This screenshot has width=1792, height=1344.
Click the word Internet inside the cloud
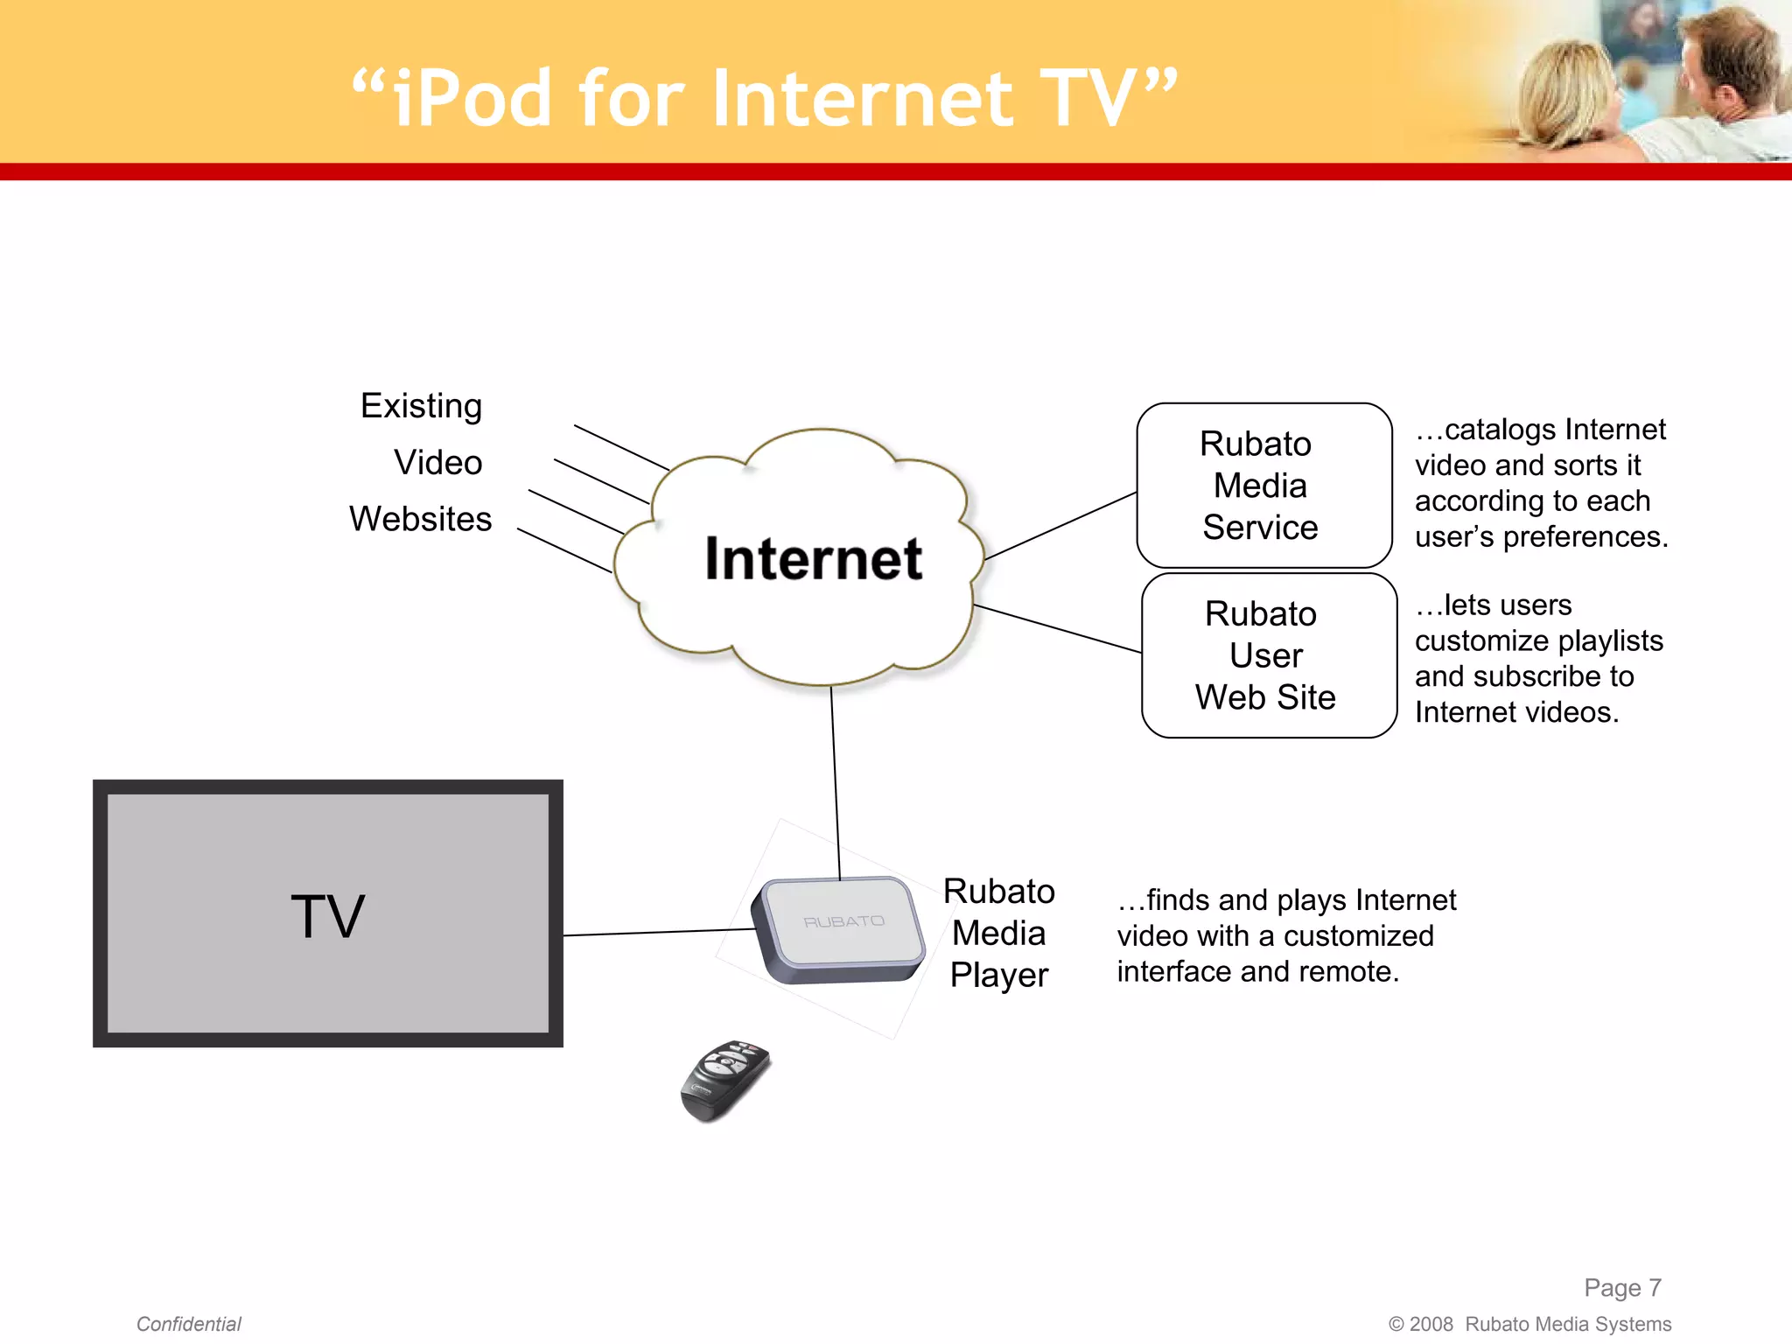(x=813, y=559)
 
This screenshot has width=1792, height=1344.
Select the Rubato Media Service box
(x=1263, y=486)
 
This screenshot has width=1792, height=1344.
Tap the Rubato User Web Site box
(x=1268, y=655)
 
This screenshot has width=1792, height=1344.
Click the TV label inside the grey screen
(x=327, y=916)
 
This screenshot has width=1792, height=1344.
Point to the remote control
(x=724, y=1080)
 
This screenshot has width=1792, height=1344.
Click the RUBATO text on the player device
(x=843, y=922)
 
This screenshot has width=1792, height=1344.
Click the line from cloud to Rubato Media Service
(x=1060, y=527)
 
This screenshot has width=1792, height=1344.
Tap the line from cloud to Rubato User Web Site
(x=1058, y=629)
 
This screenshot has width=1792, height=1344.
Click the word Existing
(x=421, y=406)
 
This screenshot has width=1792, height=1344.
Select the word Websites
(x=420, y=519)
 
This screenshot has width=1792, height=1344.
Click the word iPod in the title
(x=472, y=99)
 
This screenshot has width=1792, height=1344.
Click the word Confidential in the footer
(x=189, y=1324)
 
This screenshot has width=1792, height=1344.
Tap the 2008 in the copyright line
(x=1431, y=1324)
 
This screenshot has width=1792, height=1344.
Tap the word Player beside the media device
(x=999, y=975)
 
